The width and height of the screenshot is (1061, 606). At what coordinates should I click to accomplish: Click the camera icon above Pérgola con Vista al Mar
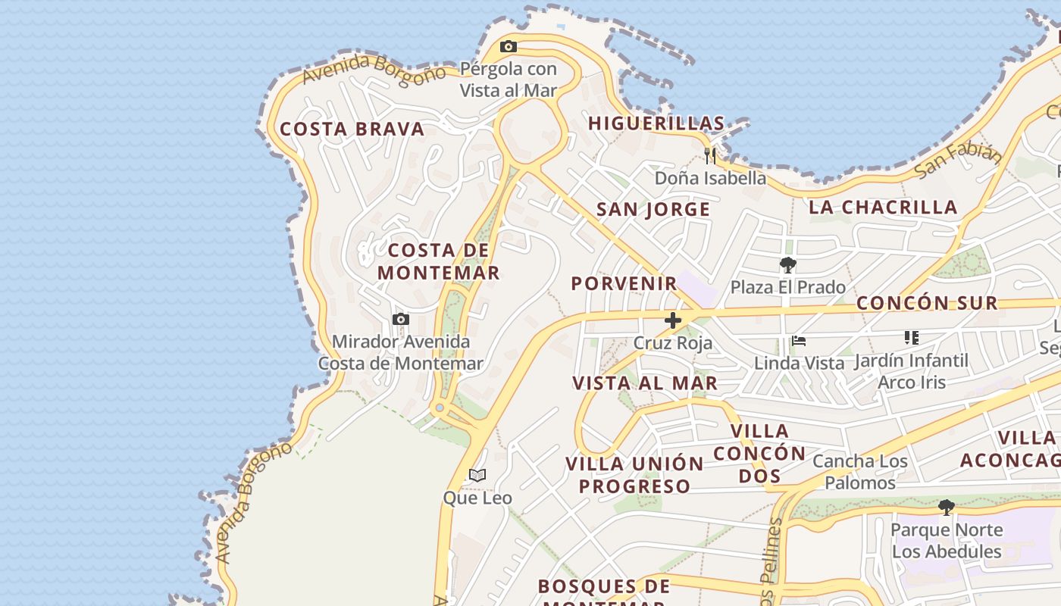(509, 47)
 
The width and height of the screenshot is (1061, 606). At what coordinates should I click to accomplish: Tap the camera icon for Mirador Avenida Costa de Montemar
(401, 320)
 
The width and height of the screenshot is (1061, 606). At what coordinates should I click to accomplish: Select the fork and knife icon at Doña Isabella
(710, 156)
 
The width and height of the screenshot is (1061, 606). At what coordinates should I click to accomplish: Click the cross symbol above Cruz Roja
(672, 320)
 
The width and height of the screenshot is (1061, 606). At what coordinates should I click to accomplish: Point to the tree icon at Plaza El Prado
(788, 265)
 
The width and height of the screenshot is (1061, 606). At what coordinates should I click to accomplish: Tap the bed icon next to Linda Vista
(798, 341)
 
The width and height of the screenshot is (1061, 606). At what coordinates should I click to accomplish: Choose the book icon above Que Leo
(477, 476)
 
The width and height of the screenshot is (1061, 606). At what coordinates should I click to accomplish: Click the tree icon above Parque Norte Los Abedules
(946, 507)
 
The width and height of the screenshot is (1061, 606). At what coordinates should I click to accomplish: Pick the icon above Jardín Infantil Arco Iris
(911, 338)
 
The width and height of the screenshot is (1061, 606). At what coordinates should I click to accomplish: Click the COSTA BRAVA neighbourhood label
(352, 130)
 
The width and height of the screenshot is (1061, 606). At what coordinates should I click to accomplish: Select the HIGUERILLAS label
(656, 123)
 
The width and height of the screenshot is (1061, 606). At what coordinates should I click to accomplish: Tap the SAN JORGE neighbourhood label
(653, 210)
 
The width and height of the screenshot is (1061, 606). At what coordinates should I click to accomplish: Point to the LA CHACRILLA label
(883, 207)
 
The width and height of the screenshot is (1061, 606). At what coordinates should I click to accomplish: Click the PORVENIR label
(624, 283)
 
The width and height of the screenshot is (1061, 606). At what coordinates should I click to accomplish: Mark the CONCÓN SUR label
(927, 303)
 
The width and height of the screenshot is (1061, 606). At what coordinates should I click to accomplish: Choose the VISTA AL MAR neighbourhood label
(645, 383)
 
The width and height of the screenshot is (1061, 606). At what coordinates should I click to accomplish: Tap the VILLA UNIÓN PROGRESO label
(635, 475)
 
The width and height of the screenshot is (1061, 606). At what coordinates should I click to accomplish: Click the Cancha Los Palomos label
(860, 472)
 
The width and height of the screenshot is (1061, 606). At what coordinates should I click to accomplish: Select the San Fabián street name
(958, 161)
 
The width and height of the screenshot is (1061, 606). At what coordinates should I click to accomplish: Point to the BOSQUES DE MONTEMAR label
(604, 592)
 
